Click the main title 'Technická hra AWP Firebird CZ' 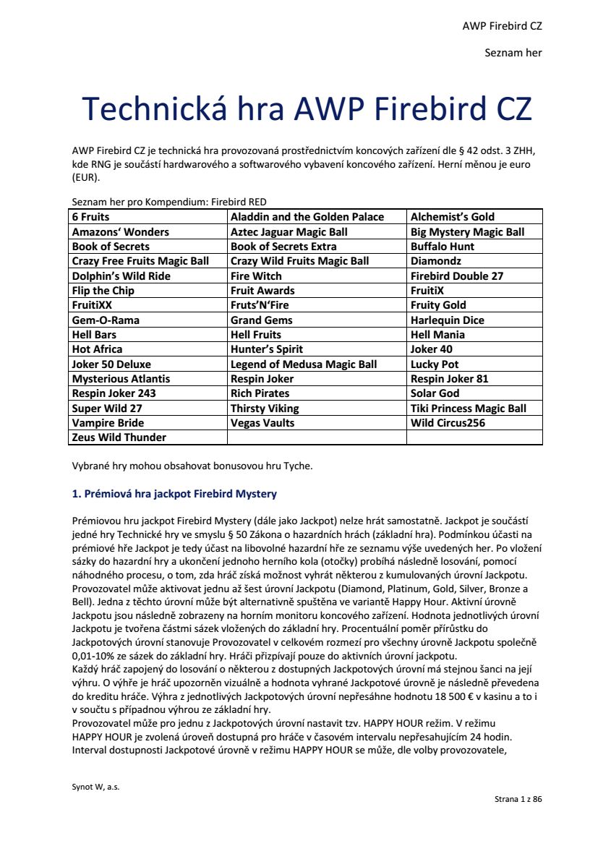pyautogui.click(x=307, y=109)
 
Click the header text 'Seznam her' pyautogui.click(x=513, y=53)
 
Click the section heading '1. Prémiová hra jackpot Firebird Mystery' pyautogui.click(x=174, y=495)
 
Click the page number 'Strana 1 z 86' pyautogui.click(x=518, y=799)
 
